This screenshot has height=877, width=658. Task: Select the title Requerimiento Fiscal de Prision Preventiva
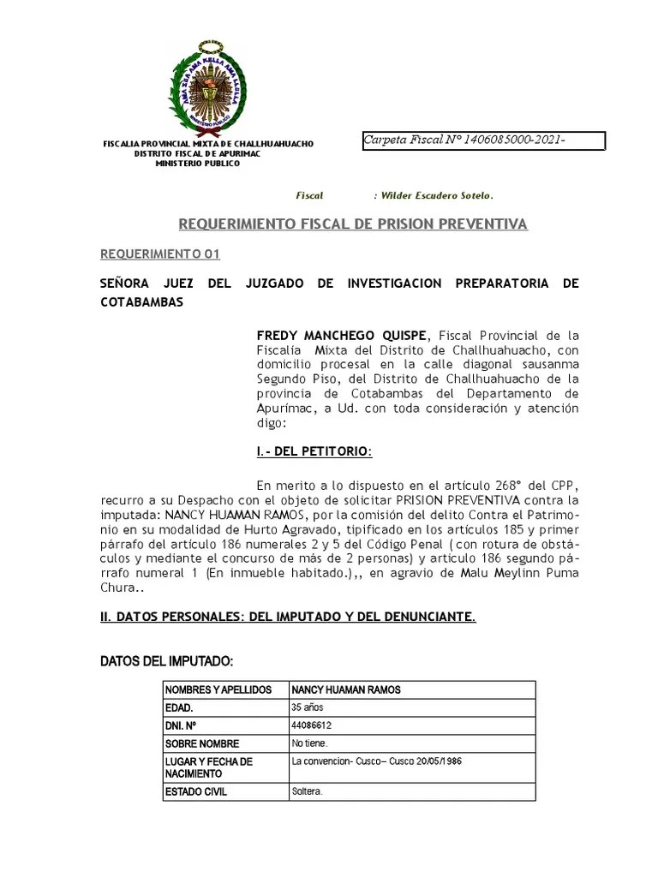click(x=352, y=225)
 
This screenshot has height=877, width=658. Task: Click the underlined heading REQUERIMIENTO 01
click(x=160, y=254)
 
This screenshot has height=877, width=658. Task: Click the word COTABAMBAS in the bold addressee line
click(x=142, y=303)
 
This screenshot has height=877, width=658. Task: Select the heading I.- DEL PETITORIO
click(x=314, y=451)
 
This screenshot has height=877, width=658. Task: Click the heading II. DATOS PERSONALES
click(x=288, y=617)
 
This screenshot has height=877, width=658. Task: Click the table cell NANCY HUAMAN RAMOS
click(x=345, y=690)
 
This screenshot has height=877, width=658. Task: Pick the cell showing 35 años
click(x=308, y=707)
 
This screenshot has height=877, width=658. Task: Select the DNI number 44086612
click(x=312, y=725)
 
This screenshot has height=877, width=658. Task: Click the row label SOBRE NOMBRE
click(x=202, y=743)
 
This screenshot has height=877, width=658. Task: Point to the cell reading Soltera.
click(x=307, y=792)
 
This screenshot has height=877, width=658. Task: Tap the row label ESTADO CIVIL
click(x=196, y=792)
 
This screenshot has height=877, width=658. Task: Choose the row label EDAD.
click(x=179, y=708)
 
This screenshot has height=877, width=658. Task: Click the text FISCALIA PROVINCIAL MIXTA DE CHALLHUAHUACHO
click(x=208, y=144)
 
